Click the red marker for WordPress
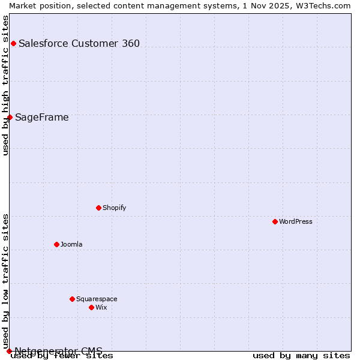coord(275,221)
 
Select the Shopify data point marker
coord(98,208)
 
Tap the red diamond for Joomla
coord(56,244)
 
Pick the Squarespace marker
coord(72,299)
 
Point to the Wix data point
coord(91,307)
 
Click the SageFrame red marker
coord(10,117)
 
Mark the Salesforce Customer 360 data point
coord(13,43)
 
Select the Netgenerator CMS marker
coord(9,351)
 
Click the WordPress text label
coord(296,221)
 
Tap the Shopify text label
coord(115,208)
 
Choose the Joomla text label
coord(71,244)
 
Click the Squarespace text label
coord(97,299)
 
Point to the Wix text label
coord(101,307)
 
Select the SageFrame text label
coord(42,117)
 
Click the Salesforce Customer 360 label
coord(79,43)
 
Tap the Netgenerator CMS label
coord(59,351)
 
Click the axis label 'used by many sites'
coord(301,355)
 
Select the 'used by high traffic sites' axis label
coord(6,85)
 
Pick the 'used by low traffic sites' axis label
coord(6,281)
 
